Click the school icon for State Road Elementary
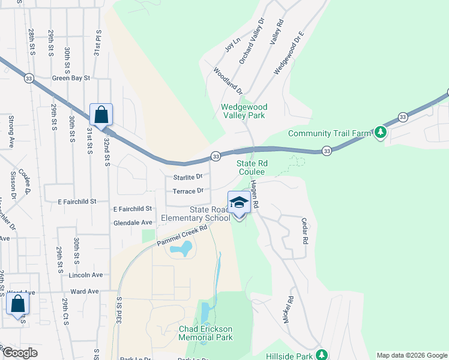point(239,203)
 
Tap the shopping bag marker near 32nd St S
point(101,115)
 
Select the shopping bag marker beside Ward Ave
point(17,304)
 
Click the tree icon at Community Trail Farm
point(380,132)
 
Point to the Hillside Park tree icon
point(321,355)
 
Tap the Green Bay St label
point(71,78)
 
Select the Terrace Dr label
point(188,191)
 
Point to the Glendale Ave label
point(133,222)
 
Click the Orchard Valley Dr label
point(252,41)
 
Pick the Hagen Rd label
point(255,194)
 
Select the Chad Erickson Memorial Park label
point(205,333)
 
